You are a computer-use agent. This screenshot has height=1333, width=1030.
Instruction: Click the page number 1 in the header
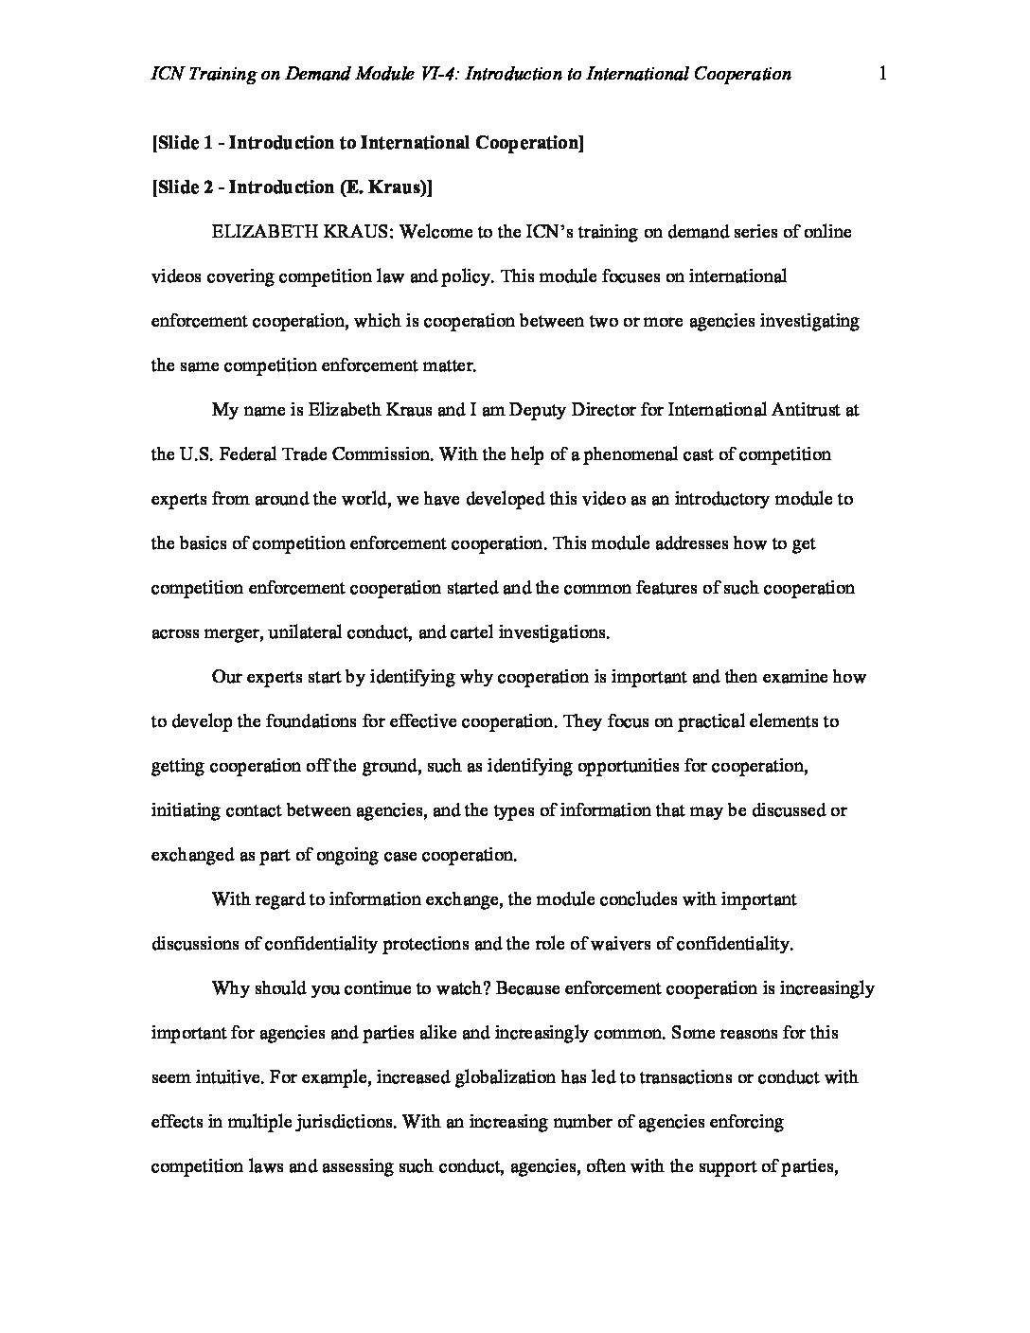click(x=882, y=74)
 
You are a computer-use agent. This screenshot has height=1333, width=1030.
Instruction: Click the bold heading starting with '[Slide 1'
click(x=366, y=143)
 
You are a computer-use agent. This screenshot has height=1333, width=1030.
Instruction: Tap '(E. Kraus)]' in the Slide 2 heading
click(x=385, y=187)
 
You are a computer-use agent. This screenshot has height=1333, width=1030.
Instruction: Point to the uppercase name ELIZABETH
click(x=259, y=232)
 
